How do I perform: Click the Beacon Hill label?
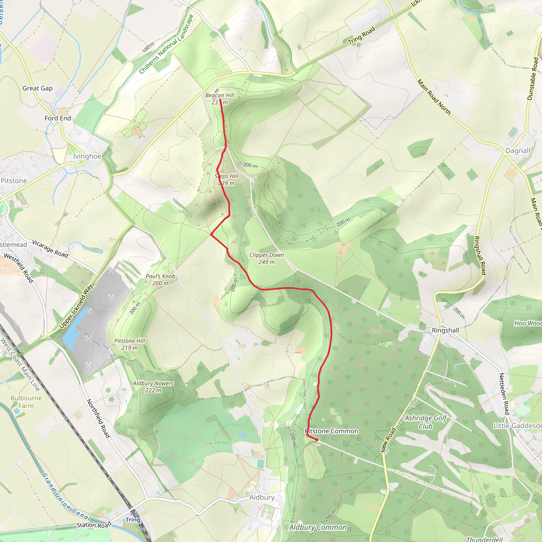(220, 96)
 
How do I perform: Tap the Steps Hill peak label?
(226, 179)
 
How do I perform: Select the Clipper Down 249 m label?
(267, 258)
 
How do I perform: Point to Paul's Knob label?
(160, 276)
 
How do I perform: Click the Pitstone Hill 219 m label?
(130, 344)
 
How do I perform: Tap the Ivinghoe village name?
(87, 156)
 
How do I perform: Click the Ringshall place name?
(445, 331)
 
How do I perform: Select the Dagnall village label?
(518, 151)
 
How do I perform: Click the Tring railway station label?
(133, 520)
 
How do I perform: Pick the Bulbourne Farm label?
(26, 402)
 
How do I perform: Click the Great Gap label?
(38, 88)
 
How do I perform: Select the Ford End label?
(58, 118)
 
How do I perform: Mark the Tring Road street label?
(361, 35)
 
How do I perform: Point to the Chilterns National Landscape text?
(166, 44)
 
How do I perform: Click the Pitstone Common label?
(331, 431)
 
